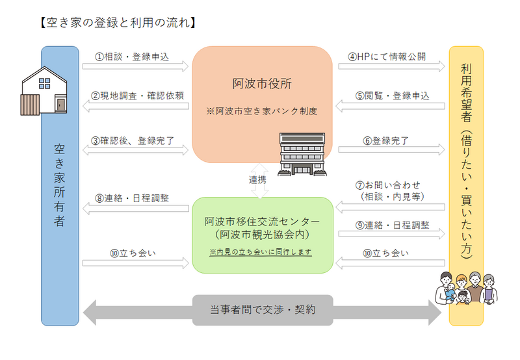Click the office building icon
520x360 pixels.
[x=301, y=154]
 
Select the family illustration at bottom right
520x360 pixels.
[x=466, y=289]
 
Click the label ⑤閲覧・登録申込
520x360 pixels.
[x=392, y=96]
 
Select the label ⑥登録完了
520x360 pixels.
[x=382, y=140]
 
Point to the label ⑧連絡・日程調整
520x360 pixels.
[x=132, y=198]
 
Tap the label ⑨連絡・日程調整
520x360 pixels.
[x=392, y=225]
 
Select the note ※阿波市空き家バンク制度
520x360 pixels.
[x=262, y=111]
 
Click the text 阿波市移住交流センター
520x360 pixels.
[x=262, y=220]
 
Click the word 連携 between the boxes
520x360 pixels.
[x=257, y=179]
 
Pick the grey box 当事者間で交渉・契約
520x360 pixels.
[x=263, y=310]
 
